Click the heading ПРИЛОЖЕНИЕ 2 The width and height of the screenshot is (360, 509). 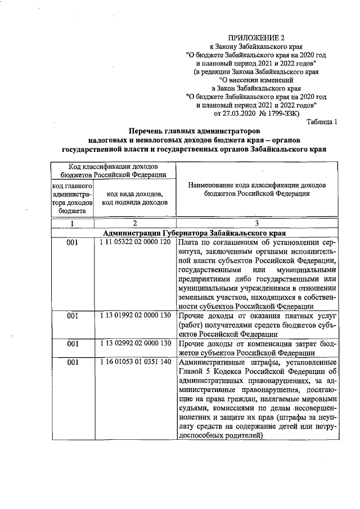255,37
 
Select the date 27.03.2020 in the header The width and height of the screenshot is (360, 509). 243,114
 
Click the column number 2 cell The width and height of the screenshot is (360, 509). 135,223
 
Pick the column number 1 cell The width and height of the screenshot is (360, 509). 72,223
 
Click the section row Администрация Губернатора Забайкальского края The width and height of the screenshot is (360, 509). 195,232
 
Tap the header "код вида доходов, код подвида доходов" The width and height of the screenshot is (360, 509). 135,197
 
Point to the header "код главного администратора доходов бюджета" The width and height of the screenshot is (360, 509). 72,198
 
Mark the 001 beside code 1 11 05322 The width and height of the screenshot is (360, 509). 72,242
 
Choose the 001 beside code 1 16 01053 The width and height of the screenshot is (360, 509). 72,363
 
